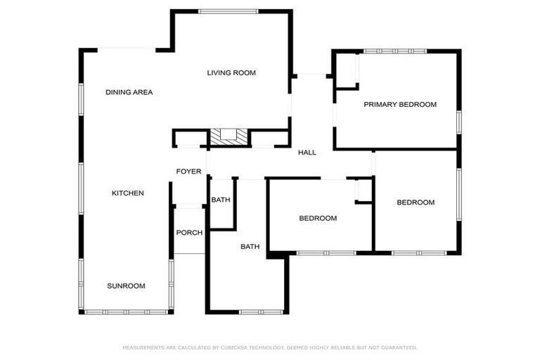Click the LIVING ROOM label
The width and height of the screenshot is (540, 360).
[231, 72]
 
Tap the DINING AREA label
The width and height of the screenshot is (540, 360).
[129, 92]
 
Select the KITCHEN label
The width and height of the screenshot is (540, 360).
[128, 193]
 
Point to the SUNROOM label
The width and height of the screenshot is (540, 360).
[126, 285]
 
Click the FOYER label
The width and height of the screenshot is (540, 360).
[188, 172]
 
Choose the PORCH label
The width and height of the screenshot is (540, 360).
[188, 233]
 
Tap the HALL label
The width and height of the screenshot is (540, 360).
[307, 153]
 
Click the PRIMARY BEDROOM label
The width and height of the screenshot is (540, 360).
[399, 104]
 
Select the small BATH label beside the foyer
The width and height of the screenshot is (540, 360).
[221, 200]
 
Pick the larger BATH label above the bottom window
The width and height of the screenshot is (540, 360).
[250, 246]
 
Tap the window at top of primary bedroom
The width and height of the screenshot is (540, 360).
[394, 51]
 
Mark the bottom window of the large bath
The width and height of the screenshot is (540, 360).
[261, 311]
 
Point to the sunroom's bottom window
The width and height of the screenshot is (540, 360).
[125, 311]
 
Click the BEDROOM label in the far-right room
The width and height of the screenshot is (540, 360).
[416, 202]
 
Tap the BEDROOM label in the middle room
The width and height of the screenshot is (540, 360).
[318, 218]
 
